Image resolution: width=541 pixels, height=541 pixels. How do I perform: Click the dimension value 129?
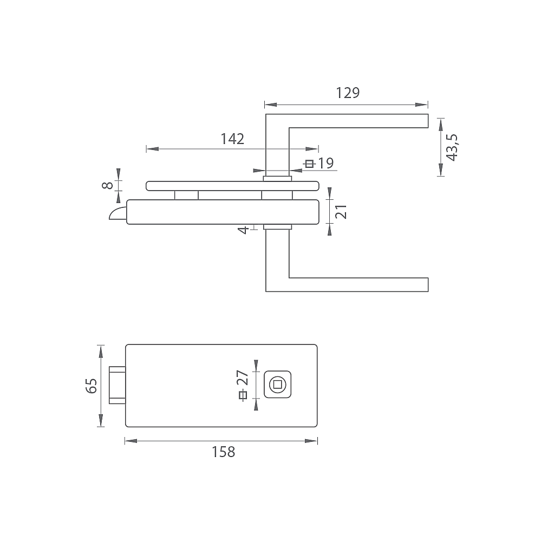click(348, 93)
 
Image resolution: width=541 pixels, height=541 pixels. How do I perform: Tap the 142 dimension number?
click(232, 139)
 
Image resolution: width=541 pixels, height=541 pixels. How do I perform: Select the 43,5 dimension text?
click(452, 147)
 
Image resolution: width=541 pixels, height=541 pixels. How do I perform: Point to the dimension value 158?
click(223, 452)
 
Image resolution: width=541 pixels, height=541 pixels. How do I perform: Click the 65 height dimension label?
click(92, 386)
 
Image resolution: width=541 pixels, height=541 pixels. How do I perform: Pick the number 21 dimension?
click(341, 212)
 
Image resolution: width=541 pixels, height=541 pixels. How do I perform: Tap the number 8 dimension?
click(107, 185)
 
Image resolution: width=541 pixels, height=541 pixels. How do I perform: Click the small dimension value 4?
click(244, 230)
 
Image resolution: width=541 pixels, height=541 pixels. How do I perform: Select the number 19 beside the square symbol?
click(325, 163)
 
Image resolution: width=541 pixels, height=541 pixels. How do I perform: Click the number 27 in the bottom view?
click(243, 378)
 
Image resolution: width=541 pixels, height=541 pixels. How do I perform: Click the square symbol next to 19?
click(310, 164)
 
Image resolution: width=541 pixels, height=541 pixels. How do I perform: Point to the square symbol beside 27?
click(243, 395)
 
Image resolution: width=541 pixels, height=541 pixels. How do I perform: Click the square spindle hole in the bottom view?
click(277, 384)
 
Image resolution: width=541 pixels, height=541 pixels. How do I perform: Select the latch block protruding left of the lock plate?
click(118, 385)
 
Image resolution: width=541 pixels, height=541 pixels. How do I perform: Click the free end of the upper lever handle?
click(428, 121)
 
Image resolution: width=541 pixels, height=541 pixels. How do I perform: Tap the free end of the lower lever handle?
click(428, 285)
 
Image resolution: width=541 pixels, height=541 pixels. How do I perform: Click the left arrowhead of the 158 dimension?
click(131, 441)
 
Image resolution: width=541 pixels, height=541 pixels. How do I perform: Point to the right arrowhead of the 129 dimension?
click(422, 105)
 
